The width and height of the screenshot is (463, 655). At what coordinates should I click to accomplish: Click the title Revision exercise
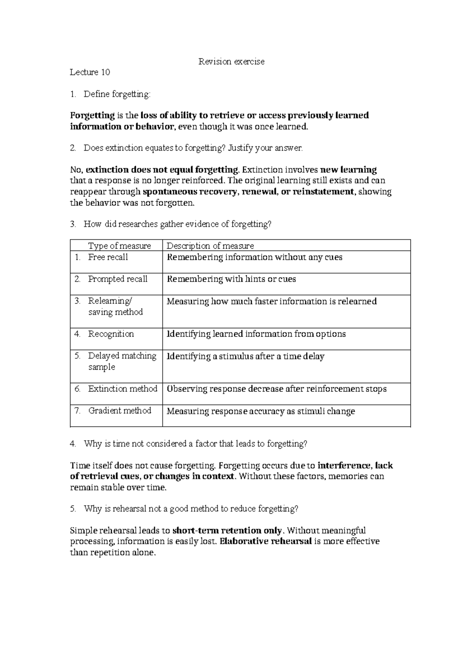click(x=231, y=61)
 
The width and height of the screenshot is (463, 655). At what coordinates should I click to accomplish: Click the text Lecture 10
click(x=90, y=72)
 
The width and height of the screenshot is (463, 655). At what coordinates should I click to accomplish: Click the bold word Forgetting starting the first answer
click(x=92, y=115)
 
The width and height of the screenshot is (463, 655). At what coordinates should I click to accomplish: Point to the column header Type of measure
click(x=119, y=246)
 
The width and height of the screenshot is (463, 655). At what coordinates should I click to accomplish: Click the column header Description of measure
click(x=210, y=246)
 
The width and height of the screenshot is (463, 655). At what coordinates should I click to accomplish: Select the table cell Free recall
click(x=108, y=257)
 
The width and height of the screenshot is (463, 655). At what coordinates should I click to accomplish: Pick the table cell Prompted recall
click(x=118, y=279)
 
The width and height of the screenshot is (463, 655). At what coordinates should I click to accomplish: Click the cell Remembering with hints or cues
click(x=231, y=279)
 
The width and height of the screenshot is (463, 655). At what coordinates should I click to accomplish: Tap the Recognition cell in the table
click(x=111, y=334)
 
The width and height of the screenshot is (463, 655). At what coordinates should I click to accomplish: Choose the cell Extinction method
click(x=122, y=389)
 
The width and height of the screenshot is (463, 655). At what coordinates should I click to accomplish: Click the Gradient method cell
click(x=120, y=411)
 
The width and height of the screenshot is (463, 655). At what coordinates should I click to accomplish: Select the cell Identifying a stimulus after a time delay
click(x=245, y=356)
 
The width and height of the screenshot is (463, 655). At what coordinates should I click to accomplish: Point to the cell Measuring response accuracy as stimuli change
click(x=260, y=411)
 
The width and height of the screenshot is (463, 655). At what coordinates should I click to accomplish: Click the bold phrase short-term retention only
click(x=228, y=530)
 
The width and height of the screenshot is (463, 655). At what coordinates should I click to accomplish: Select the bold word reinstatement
click(x=323, y=192)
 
